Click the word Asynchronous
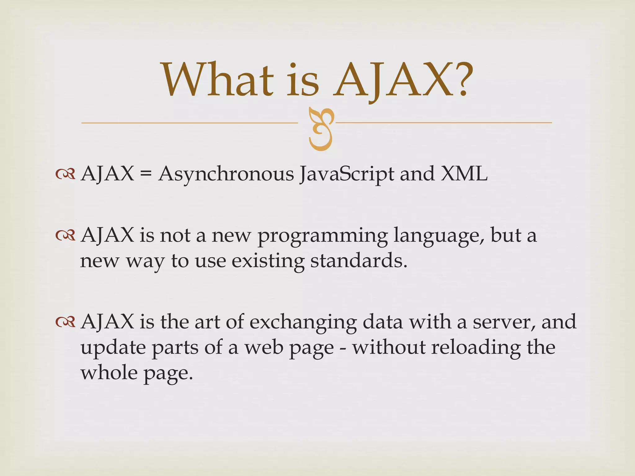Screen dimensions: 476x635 (226, 174)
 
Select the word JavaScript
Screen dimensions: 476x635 (347, 174)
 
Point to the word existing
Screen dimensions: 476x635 (268, 261)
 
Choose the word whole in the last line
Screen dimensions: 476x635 (109, 372)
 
